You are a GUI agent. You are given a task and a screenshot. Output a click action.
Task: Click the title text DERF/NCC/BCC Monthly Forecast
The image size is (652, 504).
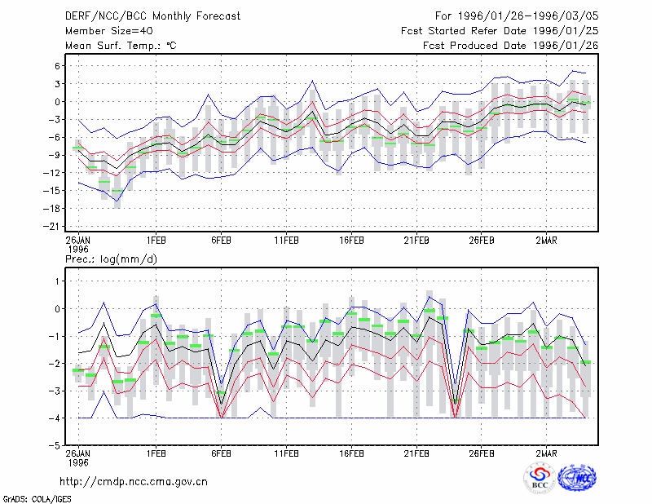[152, 16]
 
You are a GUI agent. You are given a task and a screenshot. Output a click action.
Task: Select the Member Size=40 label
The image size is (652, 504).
[109, 31]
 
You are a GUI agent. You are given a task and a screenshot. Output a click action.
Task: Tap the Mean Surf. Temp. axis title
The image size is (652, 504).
[121, 46]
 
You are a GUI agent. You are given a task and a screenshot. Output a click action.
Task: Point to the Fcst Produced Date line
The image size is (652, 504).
[511, 46]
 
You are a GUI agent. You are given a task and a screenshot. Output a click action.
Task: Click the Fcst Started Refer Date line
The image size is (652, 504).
[500, 31]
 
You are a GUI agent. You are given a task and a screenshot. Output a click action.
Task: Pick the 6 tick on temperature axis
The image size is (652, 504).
[57, 66]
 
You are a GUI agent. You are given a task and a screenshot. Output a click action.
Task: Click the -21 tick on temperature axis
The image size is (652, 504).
[52, 227]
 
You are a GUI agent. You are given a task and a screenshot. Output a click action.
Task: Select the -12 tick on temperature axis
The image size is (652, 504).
[52, 173]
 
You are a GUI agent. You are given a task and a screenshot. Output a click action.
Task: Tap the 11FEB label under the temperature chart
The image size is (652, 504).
[286, 241]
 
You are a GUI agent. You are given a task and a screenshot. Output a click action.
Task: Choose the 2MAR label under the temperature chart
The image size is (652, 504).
[546, 241]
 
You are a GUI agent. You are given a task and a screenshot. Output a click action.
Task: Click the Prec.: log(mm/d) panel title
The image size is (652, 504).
[111, 259]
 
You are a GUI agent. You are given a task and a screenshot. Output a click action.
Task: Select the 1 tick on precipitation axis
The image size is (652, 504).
[58, 281]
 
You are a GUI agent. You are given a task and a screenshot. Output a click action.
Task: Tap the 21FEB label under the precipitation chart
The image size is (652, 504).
[416, 453]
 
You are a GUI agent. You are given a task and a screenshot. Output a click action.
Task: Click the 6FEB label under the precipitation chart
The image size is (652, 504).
[221, 453]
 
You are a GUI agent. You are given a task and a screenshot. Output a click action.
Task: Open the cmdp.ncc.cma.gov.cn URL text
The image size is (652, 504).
[134, 482]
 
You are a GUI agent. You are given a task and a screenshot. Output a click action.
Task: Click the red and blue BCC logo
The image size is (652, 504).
[540, 478]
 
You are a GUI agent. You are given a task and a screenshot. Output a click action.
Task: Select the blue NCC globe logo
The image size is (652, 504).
[577, 478]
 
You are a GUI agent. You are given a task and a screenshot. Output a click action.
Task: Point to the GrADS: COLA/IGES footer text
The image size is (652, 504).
[37, 499]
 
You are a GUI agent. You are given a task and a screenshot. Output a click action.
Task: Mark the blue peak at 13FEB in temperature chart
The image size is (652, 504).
[312, 81]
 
